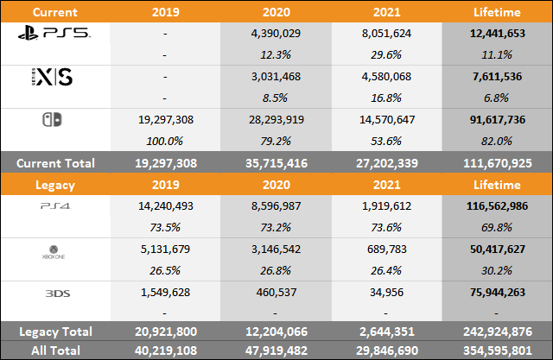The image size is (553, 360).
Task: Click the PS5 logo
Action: click(56, 34)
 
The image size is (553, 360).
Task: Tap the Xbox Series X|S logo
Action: click(56, 77)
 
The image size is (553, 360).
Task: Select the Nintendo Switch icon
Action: click(56, 120)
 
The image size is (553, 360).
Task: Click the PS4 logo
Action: click(56, 205)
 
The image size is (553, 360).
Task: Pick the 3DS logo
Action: click(56, 293)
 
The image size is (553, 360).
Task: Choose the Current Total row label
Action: click(56, 161)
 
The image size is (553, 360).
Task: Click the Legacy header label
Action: click(56, 184)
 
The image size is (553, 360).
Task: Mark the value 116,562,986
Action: click(497, 205)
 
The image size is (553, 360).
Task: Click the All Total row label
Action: click(56, 350)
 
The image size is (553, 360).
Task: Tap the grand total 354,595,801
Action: click(497, 350)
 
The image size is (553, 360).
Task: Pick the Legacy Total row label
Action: click(56, 332)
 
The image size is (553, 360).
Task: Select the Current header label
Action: click(56, 11)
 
